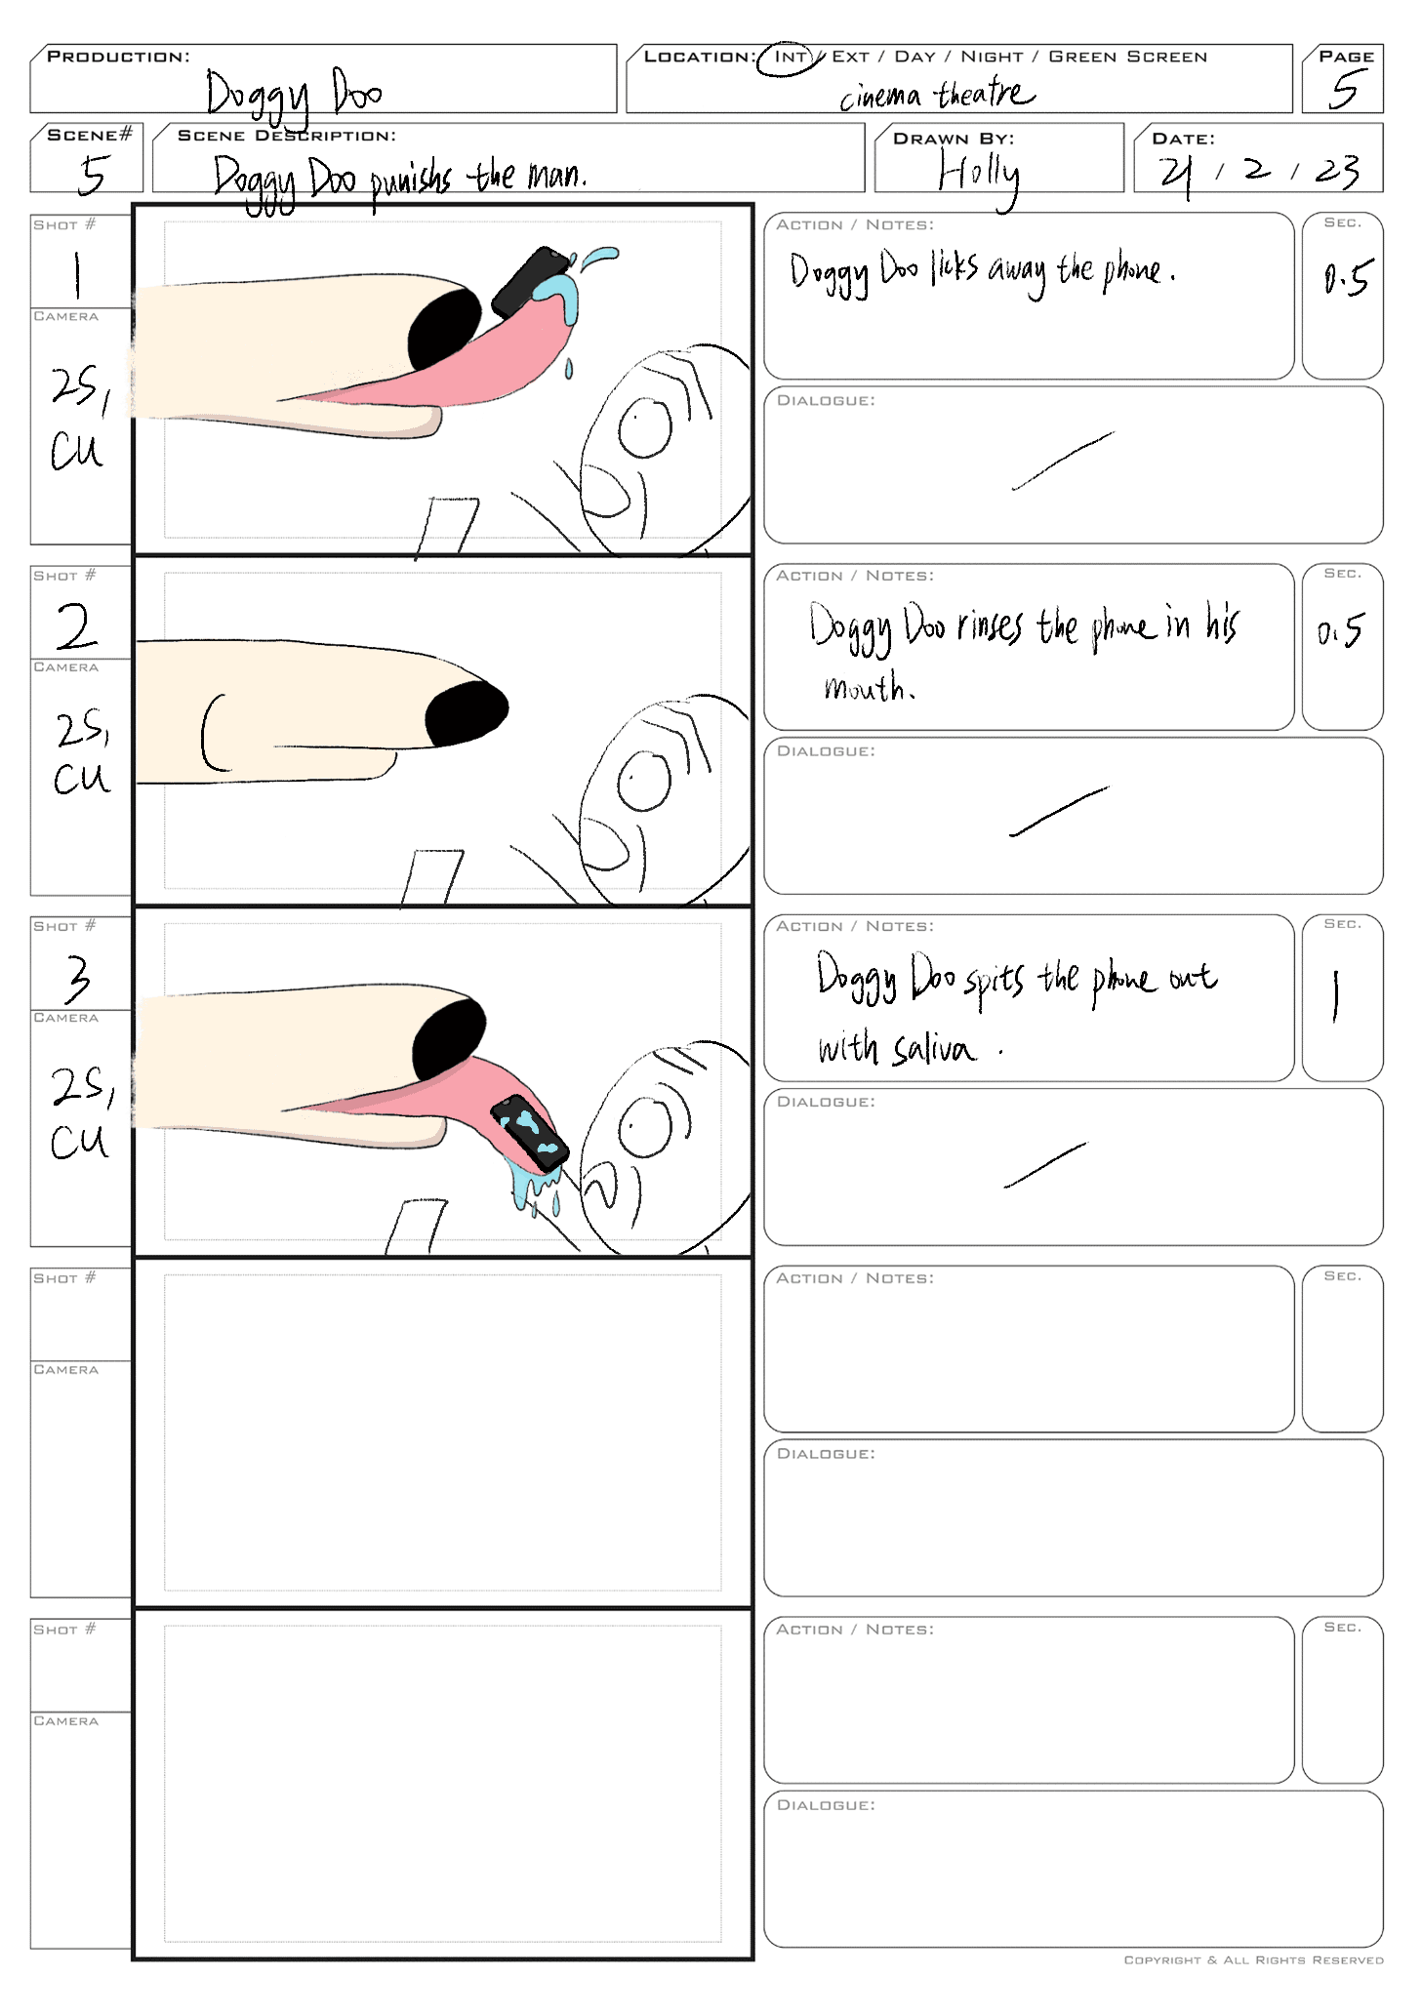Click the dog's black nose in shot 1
point(444,328)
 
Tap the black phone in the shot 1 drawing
point(529,281)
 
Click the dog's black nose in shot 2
point(467,713)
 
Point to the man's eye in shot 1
point(645,426)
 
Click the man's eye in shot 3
point(645,1127)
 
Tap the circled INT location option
point(791,58)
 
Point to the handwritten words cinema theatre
point(936,95)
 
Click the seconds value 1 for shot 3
point(1335,995)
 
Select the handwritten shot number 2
point(76,625)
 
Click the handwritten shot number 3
point(78,979)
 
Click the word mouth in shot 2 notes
point(867,687)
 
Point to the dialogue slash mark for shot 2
point(1059,811)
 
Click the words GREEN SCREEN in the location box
point(1127,57)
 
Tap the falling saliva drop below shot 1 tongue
point(569,369)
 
